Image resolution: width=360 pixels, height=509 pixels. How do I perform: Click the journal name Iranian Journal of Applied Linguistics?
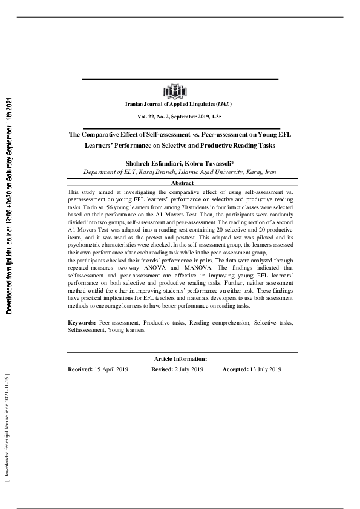(179, 105)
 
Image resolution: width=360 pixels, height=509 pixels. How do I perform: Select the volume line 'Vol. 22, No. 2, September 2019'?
(180, 116)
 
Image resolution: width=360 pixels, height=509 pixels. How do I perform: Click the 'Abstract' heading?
(182, 183)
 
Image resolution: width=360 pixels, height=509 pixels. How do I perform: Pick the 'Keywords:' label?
(82, 323)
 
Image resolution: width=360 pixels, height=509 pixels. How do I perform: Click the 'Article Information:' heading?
(180, 359)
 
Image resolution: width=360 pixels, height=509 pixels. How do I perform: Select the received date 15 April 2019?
(113, 369)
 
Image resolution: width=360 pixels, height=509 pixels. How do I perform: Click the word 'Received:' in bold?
(80, 369)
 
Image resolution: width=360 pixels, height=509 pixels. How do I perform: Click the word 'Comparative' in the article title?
(102, 135)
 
